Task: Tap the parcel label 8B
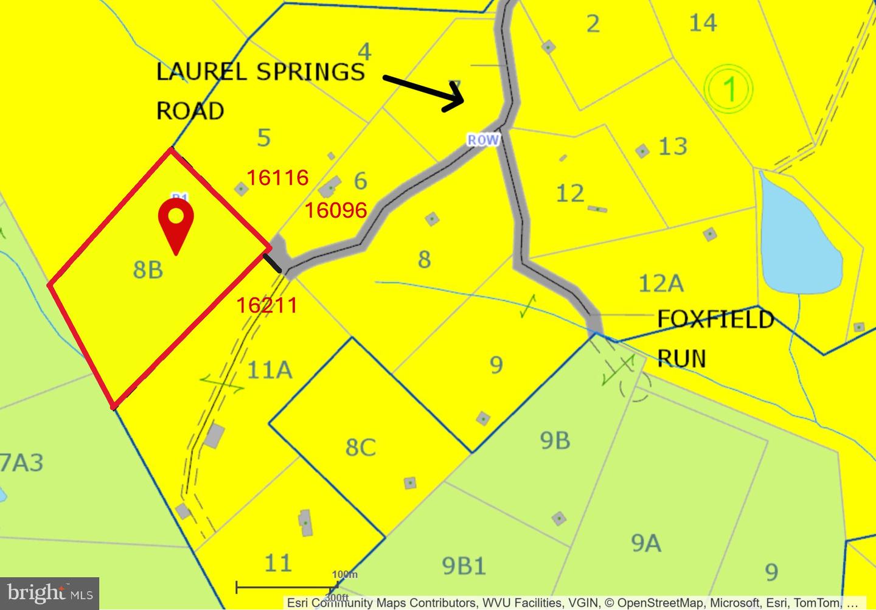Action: (148, 269)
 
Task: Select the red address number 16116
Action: (277, 178)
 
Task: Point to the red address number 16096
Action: (335, 210)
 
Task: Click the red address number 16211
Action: (266, 305)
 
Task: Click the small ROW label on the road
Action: (483, 140)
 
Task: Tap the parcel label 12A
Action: (661, 283)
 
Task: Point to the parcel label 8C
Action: (360, 447)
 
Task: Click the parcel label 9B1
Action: (464, 566)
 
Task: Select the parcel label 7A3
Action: (21, 463)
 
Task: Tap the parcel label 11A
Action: (269, 369)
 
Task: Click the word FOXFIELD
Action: (715, 319)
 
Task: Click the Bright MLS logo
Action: (50, 592)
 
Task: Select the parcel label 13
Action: (673, 147)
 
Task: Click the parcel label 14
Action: (703, 23)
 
